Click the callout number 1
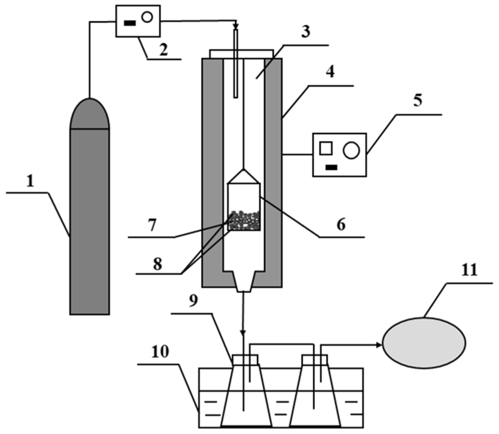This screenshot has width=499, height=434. (30, 182)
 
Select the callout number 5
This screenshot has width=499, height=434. (418, 101)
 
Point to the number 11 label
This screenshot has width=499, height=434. (469, 270)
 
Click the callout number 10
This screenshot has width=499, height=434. (160, 352)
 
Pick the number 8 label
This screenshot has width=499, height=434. (158, 264)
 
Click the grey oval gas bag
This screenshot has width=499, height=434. (424, 342)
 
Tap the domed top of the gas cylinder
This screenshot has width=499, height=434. (89, 114)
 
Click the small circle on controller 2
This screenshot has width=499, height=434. (147, 17)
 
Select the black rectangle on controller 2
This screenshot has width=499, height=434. (129, 23)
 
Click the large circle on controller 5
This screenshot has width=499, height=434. (351, 151)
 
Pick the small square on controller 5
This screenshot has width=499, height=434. (326, 148)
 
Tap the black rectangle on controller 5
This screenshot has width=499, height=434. (331, 167)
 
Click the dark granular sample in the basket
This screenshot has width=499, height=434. (244, 221)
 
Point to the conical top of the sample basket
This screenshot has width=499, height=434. (244, 177)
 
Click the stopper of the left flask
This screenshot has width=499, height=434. (245, 360)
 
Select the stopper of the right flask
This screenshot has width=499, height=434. (315, 360)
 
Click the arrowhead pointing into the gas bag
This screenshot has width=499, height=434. (379, 345)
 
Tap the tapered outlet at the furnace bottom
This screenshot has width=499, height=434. (244, 281)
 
